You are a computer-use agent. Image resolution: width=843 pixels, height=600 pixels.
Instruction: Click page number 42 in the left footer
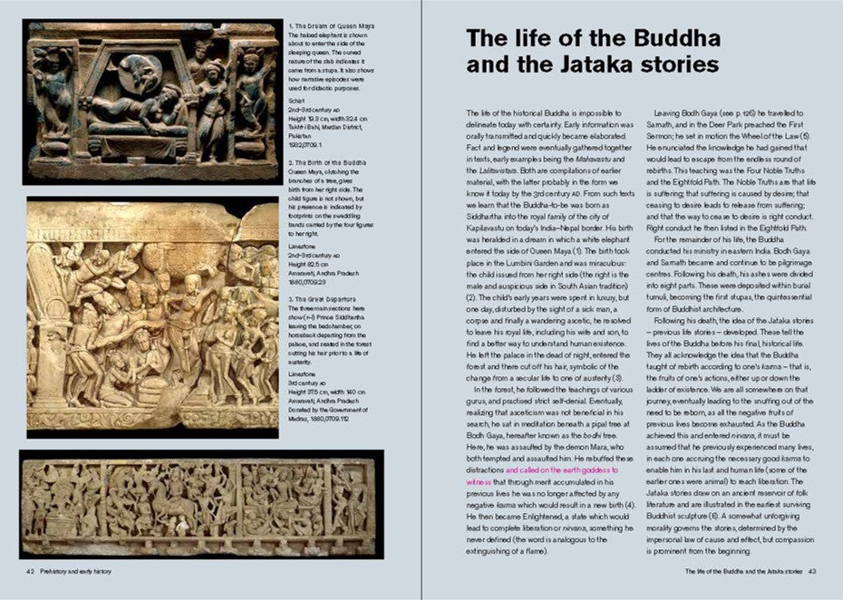pyautogui.click(x=30, y=572)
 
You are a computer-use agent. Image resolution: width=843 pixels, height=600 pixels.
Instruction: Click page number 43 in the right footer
pyautogui.click(x=812, y=572)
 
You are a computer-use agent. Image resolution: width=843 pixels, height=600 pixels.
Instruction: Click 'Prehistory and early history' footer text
pyautogui.click(x=75, y=572)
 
